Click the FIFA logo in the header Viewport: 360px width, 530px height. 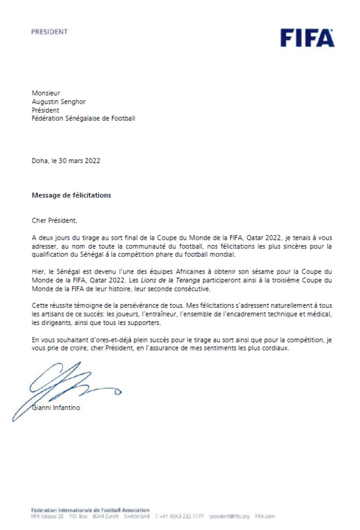coord(307,38)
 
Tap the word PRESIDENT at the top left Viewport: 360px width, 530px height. coord(49,31)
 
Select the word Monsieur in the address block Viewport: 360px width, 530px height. coord(46,92)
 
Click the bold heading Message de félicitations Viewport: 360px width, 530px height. coord(71,195)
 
